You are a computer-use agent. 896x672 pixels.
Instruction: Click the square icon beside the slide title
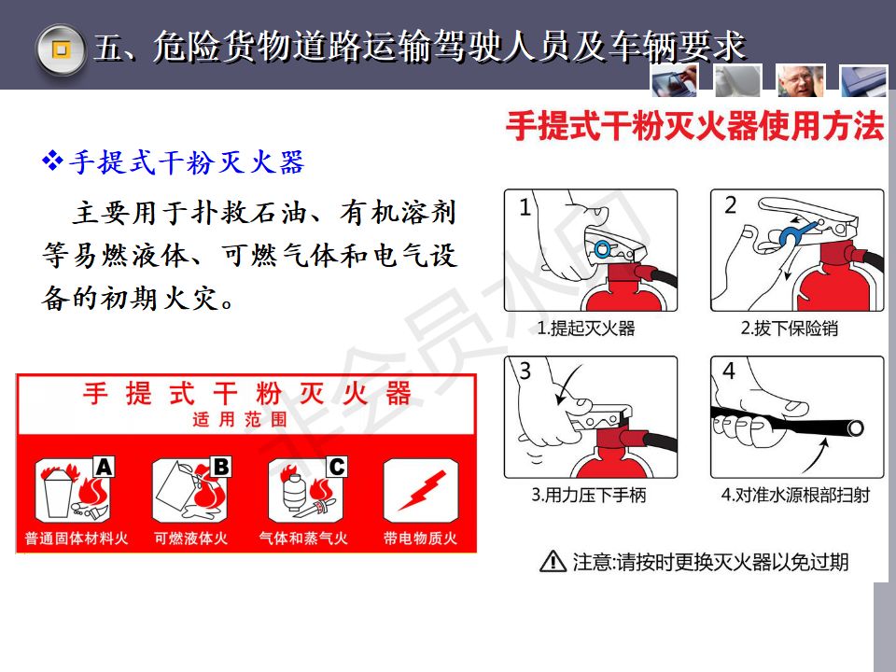[62, 49]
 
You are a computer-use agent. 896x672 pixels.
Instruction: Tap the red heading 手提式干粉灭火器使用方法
[694, 126]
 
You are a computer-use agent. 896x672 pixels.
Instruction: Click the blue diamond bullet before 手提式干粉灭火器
[52, 161]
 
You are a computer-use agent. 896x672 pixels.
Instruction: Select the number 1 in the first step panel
[525, 207]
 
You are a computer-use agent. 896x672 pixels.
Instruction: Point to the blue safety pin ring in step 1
[602, 248]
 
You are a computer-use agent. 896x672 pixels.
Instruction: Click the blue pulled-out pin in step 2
[794, 232]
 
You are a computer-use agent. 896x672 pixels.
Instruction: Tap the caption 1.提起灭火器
[586, 329]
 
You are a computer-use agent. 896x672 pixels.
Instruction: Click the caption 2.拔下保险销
[790, 329]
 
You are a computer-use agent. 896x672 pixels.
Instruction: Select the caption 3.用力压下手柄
[589, 495]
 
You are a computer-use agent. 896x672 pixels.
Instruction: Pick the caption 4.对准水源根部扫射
[795, 495]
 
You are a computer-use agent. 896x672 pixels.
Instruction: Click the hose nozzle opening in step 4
[856, 428]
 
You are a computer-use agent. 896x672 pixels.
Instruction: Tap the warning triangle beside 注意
[553, 562]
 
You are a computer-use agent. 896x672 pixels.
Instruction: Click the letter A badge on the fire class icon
[104, 467]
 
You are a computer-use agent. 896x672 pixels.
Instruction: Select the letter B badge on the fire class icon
[220, 467]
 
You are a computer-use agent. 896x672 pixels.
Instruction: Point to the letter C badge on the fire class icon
[337, 467]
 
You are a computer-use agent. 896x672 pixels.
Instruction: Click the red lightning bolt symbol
[422, 490]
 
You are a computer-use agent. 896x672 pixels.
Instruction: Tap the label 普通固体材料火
[76, 539]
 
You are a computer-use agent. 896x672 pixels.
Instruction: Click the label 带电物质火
[420, 539]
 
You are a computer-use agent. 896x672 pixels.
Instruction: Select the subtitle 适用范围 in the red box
[240, 419]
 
